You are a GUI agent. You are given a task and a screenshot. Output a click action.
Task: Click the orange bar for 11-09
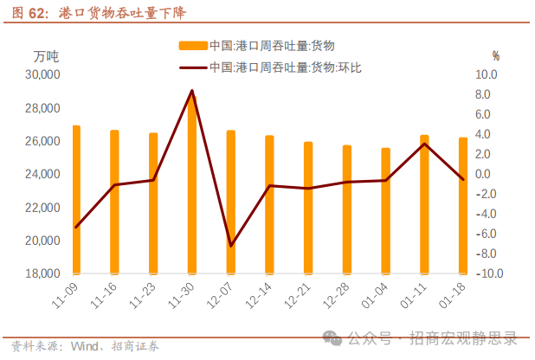[76, 200]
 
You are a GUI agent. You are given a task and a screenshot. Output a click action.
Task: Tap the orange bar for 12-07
[230, 202]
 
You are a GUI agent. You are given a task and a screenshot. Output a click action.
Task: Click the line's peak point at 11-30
[192, 90]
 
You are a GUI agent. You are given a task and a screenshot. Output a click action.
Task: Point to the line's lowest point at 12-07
[230, 246]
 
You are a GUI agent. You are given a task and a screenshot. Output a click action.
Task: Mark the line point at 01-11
[424, 144]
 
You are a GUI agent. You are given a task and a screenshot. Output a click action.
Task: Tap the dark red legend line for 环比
[192, 67]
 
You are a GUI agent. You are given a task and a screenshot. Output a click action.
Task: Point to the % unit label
[496, 56]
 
